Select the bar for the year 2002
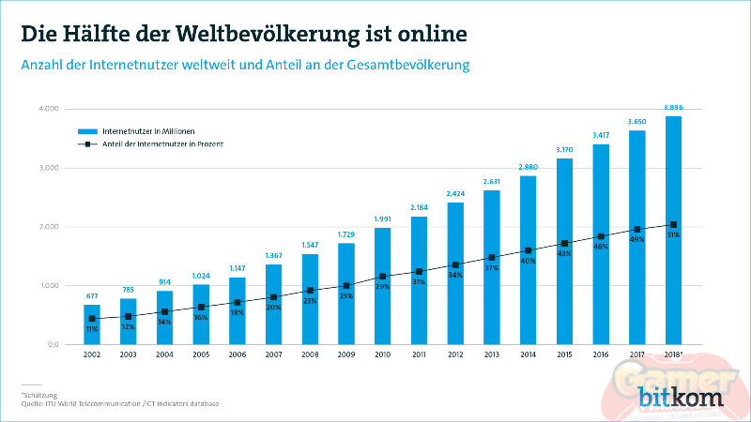91,324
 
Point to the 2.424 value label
455,194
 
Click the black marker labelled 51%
673,225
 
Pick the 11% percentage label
91,330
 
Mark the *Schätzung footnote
39,396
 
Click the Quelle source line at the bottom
119,404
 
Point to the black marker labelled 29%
382,277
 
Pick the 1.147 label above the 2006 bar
237,269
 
